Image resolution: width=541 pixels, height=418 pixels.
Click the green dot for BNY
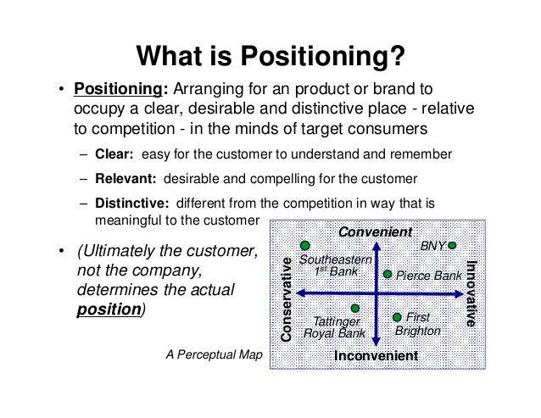[x=452, y=245]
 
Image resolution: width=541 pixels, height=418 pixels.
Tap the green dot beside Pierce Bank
[x=387, y=275]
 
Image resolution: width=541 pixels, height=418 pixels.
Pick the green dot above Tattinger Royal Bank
[x=355, y=308]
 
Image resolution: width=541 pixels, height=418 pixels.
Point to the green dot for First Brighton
[x=397, y=317]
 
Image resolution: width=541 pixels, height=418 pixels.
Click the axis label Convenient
[x=375, y=231]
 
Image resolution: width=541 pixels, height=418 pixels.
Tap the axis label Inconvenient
[x=376, y=356]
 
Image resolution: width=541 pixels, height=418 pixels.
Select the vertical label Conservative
[x=286, y=298]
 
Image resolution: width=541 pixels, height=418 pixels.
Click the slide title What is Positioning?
[x=270, y=58]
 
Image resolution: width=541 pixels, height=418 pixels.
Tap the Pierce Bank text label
[x=428, y=276]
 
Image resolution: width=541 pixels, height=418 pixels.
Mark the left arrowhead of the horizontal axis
[x=300, y=293]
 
